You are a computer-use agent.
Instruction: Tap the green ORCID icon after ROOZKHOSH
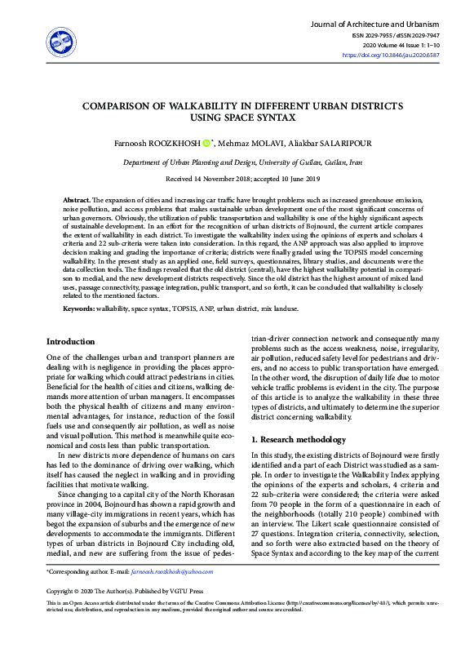pos(206,143)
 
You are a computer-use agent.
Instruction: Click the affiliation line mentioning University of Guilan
pos(237,162)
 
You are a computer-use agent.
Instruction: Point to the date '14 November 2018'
pos(220,179)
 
